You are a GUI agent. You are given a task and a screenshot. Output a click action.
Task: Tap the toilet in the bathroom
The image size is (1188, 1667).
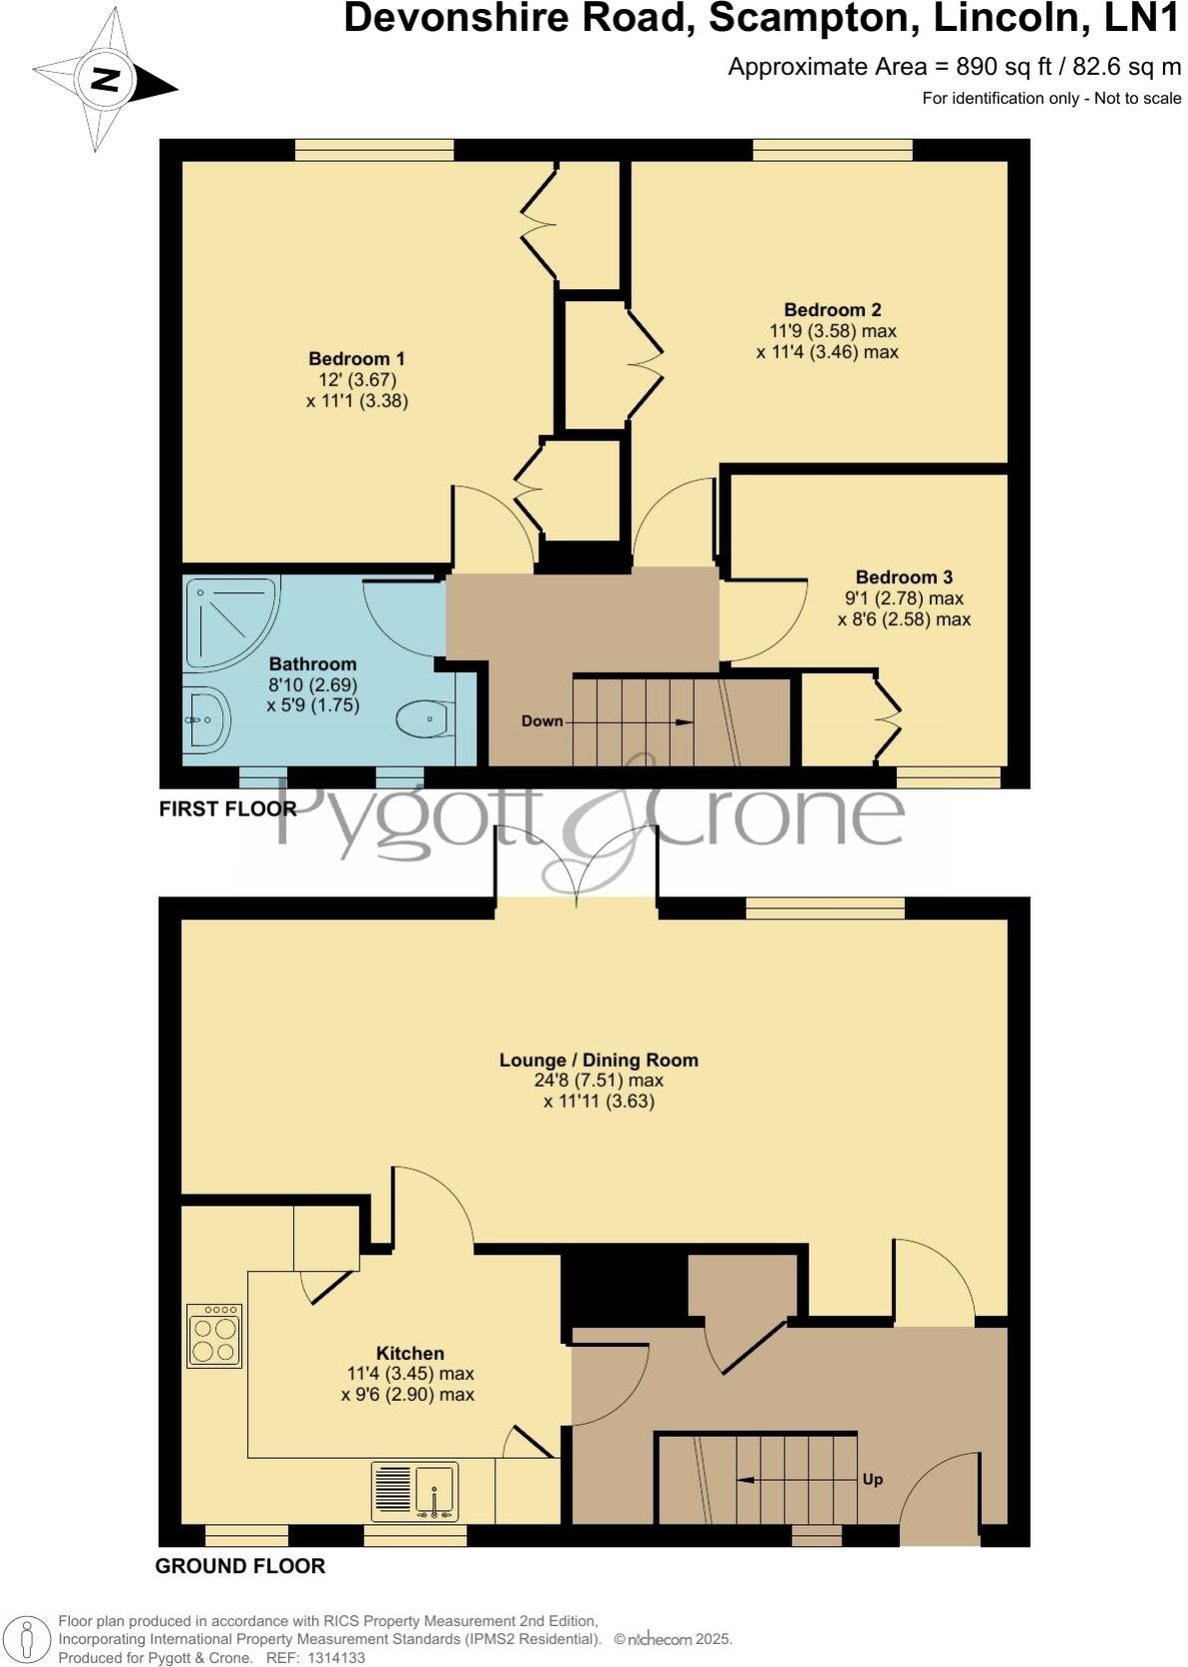425,717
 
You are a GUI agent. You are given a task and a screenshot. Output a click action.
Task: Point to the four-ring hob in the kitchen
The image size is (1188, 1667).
214,1336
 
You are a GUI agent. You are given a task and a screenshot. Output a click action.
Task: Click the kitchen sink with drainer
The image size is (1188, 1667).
416,1492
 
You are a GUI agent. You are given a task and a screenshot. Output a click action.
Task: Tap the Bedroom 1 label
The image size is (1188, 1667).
357,359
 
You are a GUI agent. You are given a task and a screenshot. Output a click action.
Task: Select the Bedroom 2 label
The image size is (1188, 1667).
832,310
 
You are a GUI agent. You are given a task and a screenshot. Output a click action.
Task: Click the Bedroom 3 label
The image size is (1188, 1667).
904,577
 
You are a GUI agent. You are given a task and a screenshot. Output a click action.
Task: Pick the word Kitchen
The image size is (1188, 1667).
410,1353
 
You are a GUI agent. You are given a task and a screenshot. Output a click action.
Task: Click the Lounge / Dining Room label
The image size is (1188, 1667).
598,1060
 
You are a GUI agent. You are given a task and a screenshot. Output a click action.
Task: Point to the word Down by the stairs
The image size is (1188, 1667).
542,721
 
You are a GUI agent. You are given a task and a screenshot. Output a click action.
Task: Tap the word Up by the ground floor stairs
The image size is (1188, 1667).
872,1480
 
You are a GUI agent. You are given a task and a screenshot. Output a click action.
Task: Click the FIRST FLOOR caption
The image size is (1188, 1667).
227,809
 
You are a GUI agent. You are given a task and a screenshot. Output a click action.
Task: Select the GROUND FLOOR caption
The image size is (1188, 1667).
240,1566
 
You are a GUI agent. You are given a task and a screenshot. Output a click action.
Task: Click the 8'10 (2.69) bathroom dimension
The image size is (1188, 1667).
313,685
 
